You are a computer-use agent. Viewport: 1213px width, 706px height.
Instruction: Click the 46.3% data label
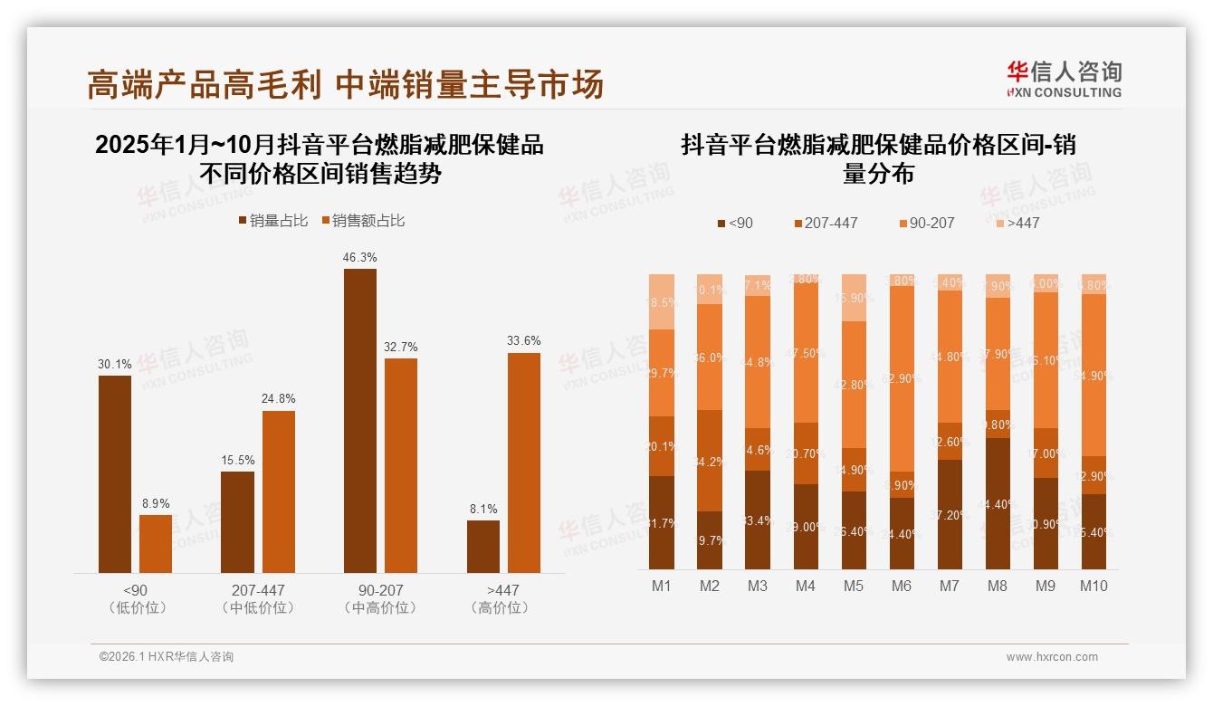(359, 258)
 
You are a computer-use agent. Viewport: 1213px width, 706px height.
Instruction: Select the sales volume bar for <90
(115, 473)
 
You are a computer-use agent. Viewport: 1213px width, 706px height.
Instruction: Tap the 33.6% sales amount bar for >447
(523, 463)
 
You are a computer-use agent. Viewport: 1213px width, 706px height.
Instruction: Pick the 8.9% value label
(156, 504)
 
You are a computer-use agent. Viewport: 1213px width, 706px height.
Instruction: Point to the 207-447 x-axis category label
(258, 590)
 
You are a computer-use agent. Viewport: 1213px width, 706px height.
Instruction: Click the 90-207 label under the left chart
(381, 590)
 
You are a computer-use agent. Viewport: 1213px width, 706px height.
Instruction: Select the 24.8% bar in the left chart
(279, 491)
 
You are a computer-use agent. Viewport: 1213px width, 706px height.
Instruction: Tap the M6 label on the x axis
(901, 587)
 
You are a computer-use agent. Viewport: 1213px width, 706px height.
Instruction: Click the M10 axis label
(1094, 587)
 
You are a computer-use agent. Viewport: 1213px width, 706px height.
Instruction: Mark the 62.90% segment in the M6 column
(902, 378)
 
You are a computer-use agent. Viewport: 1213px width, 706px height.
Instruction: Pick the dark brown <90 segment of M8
(998, 503)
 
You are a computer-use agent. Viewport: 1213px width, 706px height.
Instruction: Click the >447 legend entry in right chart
(1017, 223)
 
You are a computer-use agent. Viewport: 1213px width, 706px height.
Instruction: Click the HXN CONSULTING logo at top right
(1064, 79)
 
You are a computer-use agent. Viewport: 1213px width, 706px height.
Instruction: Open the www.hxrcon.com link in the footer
(1051, 657)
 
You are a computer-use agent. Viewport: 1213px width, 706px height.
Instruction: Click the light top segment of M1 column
(662, 301)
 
